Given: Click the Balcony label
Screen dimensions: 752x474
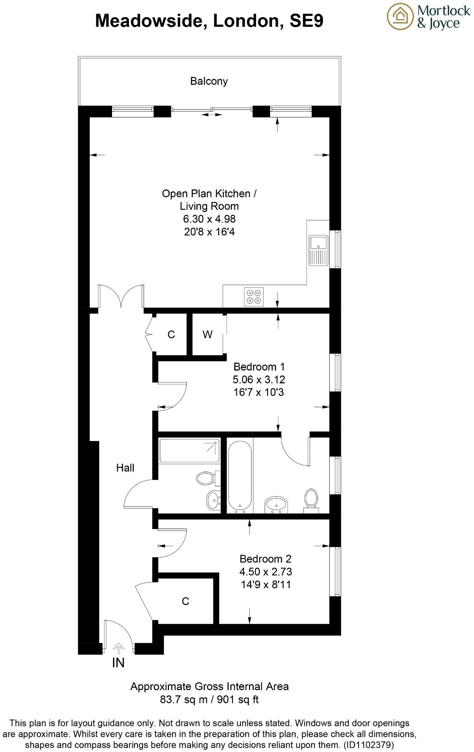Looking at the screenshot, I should coord(209,81).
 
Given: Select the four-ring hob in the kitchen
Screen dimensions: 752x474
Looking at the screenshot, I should coord(254,297).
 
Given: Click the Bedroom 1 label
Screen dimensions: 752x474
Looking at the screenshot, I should coord(259,367).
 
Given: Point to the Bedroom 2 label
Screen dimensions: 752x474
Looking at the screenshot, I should coord(265,559).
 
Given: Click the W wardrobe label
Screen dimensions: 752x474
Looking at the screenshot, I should coord(207,334).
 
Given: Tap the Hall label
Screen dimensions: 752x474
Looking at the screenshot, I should coord(125,468).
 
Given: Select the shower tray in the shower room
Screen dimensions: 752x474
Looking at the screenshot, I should coord(189,451).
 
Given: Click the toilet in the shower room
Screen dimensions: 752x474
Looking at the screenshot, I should coord(206,478).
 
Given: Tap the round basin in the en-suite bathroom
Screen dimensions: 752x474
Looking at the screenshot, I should coord(276,504).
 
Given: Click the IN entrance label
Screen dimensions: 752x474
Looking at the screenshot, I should coord(118,663).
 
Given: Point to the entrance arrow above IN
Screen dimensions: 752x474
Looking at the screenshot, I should coord(119,648).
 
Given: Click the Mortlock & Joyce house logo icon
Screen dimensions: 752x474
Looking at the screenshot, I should coord(400,16).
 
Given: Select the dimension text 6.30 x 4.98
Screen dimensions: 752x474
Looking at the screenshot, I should coord(209,219).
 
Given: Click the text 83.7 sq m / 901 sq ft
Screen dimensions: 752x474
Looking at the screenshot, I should coord(209,700).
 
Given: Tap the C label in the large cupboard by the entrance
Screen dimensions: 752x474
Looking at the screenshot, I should coord(185,601).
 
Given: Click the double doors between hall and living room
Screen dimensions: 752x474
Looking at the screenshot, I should coord(121,297).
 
